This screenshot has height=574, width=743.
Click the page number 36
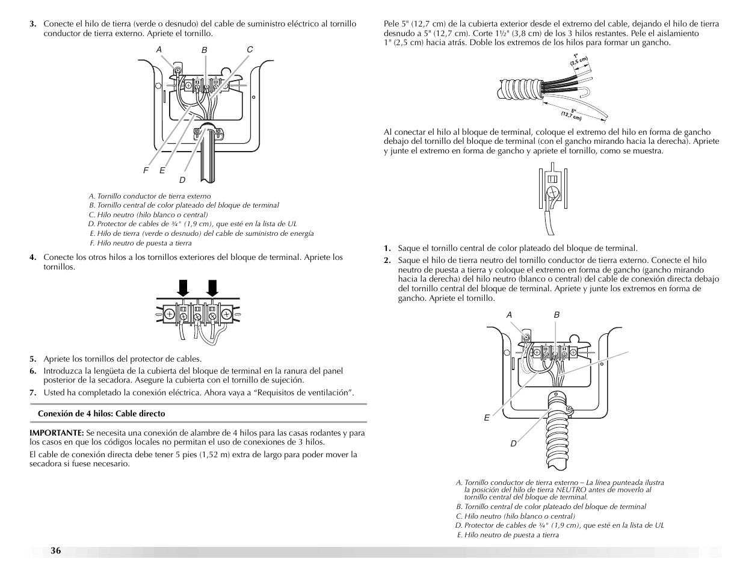point(55,551)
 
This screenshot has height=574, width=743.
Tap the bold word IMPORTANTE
point(57,433)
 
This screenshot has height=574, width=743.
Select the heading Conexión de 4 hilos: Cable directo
point(101,413)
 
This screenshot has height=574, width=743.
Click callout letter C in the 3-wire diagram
point(250,49)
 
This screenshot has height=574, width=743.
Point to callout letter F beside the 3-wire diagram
point(145,171)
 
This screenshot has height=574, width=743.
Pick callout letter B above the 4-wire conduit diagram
point(556,315)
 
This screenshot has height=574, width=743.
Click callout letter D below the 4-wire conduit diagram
point(513,443)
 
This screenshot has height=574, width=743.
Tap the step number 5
point(34,359)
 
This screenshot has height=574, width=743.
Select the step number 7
point(34,393)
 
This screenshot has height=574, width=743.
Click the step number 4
point(34,258)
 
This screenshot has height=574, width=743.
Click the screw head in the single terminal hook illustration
point(552,193)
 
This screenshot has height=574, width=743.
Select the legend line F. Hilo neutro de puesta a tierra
point(140,243)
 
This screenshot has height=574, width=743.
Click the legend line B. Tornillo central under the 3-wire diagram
point(183,205)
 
